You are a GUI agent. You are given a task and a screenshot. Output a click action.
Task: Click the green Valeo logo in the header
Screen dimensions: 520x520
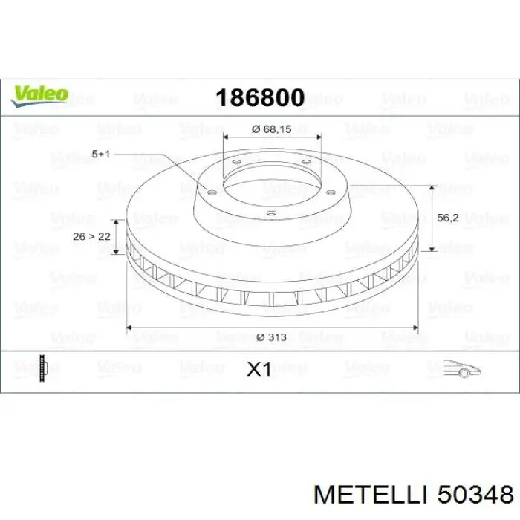tap(40, 97)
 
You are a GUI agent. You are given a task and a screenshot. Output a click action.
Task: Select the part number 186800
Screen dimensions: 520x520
tap(260, 98)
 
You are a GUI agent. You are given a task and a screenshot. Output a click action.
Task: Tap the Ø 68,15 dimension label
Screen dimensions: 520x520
tap(272, 129)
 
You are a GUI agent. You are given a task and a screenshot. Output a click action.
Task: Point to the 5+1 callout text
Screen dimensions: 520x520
tap(100, 154)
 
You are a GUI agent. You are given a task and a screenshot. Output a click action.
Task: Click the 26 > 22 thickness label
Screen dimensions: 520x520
tap(91, 236)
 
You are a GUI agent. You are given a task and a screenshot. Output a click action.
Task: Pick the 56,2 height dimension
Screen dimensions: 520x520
tap(448, 218)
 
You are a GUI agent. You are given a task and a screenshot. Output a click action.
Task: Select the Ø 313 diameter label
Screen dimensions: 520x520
tap(271, 337)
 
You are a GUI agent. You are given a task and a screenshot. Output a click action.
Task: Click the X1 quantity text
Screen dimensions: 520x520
tap(259, 369)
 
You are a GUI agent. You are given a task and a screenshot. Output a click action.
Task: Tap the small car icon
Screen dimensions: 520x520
tap(462, 368)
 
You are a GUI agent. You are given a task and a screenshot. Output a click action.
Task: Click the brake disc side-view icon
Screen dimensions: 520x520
tap(43, 368)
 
